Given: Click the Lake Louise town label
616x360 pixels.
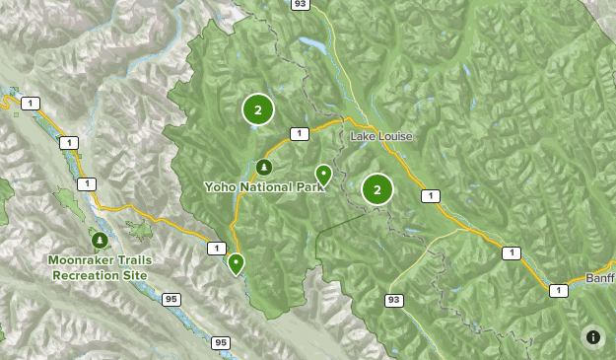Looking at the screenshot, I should click(381, 136).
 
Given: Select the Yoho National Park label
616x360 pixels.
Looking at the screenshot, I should click(264, 186).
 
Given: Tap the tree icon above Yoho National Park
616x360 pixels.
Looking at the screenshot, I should click(264, 167).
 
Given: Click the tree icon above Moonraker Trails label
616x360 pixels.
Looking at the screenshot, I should click(99, 240).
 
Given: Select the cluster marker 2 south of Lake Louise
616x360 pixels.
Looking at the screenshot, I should click(376, 189).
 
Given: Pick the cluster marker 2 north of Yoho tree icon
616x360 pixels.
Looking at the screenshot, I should click(257, 110).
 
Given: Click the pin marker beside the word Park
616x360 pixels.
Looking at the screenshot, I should click(323, 175).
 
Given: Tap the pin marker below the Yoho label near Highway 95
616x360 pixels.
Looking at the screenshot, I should click(236, 262).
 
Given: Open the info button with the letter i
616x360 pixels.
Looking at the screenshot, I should click(593, 337).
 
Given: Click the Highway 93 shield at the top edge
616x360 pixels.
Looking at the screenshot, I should click(299, 5).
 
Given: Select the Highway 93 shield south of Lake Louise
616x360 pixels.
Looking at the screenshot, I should click(394, 299).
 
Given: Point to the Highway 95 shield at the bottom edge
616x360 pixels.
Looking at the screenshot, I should click(222, 342).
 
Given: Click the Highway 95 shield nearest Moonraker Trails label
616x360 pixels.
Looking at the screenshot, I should click(171, 299).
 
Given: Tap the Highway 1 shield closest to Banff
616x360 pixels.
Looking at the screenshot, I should click(559, 290).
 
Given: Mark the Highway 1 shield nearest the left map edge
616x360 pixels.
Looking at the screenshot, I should click(33, 104).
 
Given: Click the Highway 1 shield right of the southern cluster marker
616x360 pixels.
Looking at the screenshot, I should click(430, 196).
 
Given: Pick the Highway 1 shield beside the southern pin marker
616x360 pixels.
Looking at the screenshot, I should click(215, 249).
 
